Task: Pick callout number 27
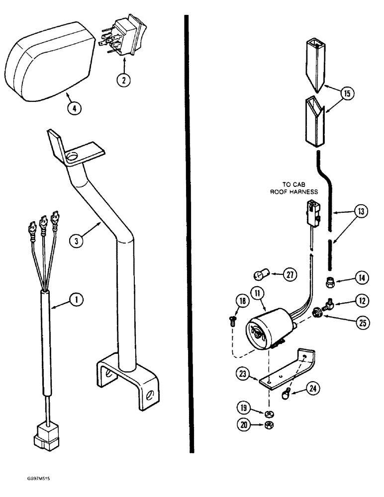point(289,274)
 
